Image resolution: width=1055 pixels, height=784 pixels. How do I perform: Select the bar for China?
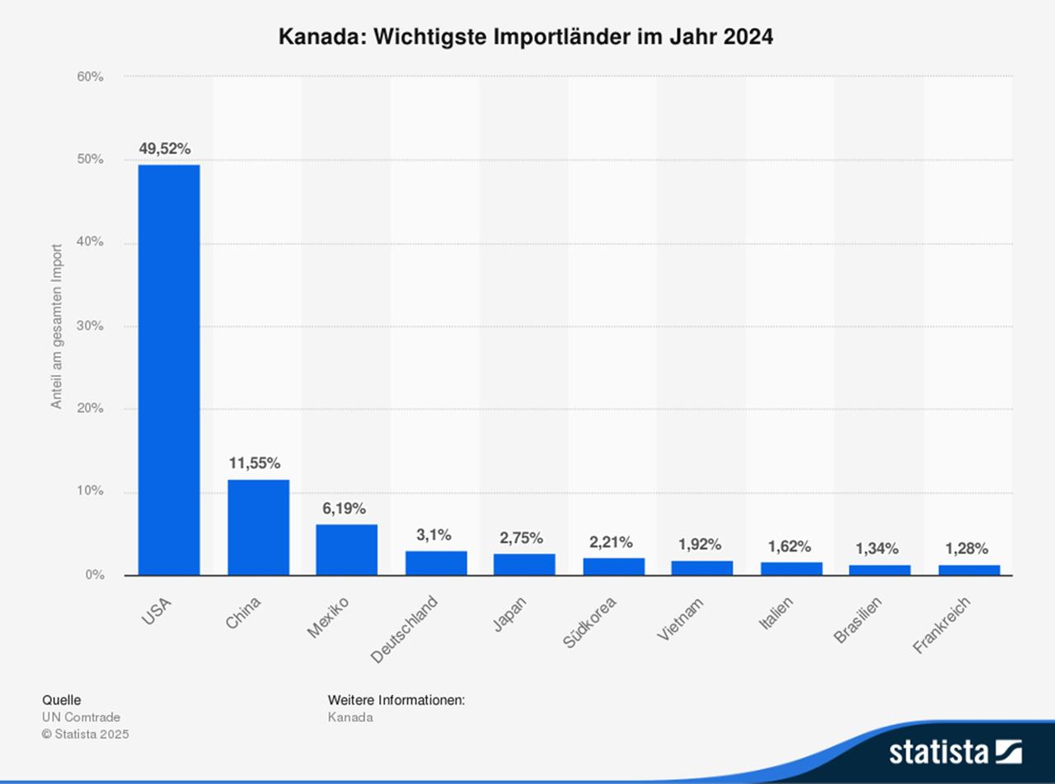tap(258, 528)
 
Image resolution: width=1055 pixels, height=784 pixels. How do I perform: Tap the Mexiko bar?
tap(346, 550)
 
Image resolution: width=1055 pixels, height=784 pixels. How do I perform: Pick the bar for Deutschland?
tap(435, 563)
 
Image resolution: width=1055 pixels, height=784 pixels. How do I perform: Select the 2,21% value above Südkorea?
tap(611, 542)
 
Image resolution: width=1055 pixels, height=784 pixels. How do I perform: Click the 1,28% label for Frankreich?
tap(967, 549)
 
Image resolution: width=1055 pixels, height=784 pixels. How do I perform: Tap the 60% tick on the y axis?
tap(91, 77)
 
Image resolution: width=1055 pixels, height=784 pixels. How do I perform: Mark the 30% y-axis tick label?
tap(91, 326)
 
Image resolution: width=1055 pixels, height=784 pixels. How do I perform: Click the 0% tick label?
tap(94, 575)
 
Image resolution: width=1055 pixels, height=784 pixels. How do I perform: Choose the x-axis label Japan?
tap(511, 615)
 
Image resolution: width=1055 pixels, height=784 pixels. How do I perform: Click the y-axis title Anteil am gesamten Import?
tap(57, 326)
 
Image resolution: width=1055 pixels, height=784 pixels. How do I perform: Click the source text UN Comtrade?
tap(81, 717)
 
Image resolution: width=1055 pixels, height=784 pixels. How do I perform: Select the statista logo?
tap(954, 752)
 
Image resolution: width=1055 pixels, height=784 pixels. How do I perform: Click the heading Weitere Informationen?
tap(396, 700)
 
